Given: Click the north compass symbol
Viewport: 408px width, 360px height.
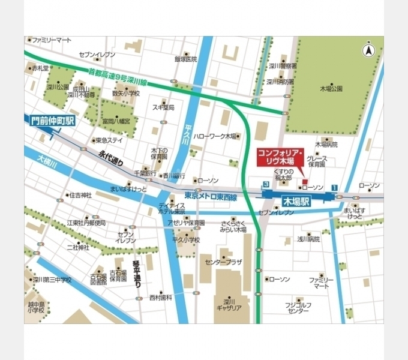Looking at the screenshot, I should coord(368,51).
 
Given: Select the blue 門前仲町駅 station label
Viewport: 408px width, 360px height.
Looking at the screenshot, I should coord(53,121).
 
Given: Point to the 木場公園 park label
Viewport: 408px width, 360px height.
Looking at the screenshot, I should coord(331,89).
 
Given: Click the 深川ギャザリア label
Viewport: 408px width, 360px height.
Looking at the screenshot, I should coord(228,304).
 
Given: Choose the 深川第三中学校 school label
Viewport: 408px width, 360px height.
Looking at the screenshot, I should coord(52,280).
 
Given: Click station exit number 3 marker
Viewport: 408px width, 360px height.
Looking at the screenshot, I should coord(265,185).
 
